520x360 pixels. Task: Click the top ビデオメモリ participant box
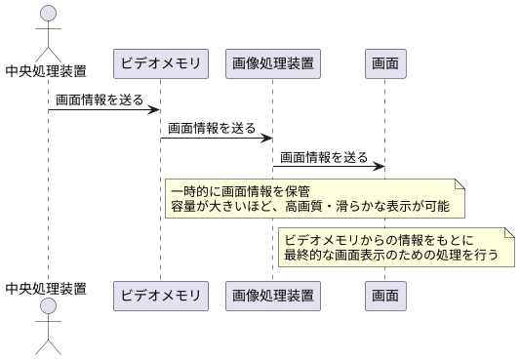tap(160, 64)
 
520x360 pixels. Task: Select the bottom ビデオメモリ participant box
tap(160, 293)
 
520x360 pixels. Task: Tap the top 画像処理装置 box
tap(273, 64)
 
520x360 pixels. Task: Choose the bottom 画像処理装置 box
tap(273, 293)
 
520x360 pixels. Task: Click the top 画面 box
tap(385, 64)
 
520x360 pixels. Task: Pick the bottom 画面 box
tap(385, 293)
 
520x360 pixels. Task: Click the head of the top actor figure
tap(46, 14)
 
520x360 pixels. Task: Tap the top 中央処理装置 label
tap(46, 69)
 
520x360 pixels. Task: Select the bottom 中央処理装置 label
tap(46, 288)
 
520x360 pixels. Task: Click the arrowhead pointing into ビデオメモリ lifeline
tap(155, 109)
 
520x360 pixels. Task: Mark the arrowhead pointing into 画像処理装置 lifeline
tap(267, 138)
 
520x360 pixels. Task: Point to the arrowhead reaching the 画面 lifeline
tap(380, 166)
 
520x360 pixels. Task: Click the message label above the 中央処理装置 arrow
tap(100, 100)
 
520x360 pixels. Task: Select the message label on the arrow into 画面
tap(325, 156)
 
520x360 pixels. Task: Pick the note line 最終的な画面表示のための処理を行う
tap(391, 256)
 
